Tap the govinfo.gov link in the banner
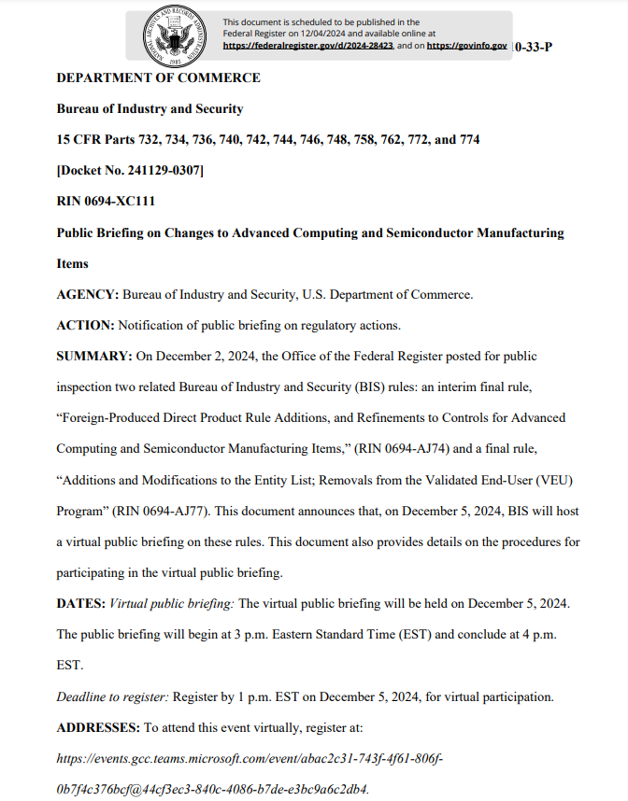pyautogui.click(x=467, y=45)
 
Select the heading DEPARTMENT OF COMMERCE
pyautogui.click(x=158, y=77)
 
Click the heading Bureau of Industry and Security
pyautogui.click(x=150, y=108)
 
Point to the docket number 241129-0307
pyautogui.click(x=130, y=170)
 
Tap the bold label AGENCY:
pyautogui.click(x=88, y=294)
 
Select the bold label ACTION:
pyautogui.click(x=85, y=325)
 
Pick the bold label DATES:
pyautogui.click(x=81, y=603)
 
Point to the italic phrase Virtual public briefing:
pyautogui.click(x=172, y=603)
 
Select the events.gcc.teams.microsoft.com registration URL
pyautogui.click(x=250, y=757)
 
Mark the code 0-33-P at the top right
pyautogui.click(x=533, y=46)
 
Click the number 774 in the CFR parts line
pyautogui.click(x=470, y=139)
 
